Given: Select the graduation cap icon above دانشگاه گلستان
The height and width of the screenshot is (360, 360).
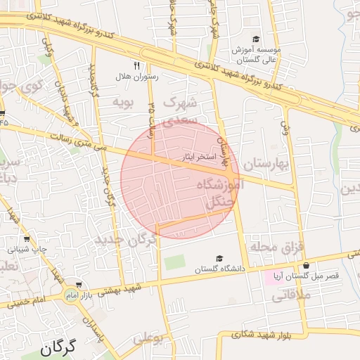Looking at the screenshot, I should (x=219, y=259).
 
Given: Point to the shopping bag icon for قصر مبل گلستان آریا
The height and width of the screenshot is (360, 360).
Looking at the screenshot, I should (x=306, y=265).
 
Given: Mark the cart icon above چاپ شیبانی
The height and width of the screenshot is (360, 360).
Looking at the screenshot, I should (x=27, y=238).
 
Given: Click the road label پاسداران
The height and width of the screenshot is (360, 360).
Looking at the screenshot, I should (x=95, y=331).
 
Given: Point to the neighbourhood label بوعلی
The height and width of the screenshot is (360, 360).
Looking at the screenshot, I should (x=148, y=338).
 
